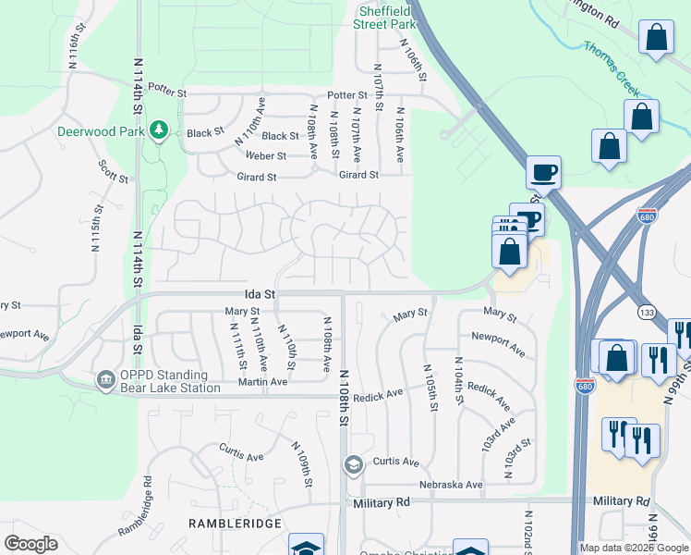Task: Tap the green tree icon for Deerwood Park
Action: point(159,131)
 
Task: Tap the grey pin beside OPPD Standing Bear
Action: point(106,380)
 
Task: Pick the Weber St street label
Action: point(265,156)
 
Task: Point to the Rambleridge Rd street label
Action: point(134,507)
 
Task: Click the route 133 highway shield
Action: point(645,315)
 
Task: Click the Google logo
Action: point(30,543)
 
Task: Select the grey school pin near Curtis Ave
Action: point(352,464)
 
